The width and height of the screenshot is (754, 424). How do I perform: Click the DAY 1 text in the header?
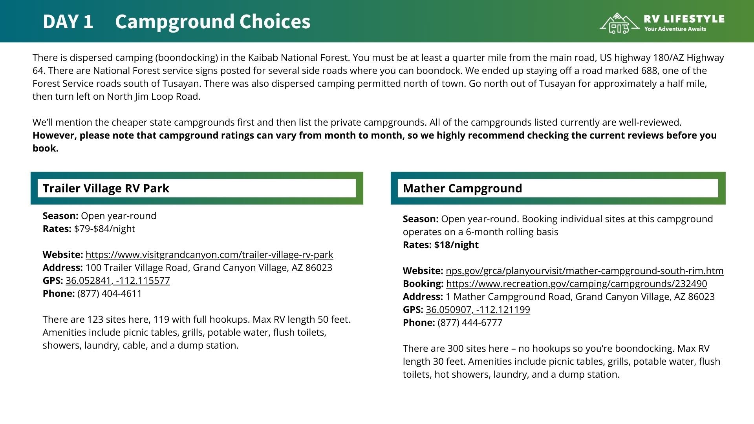pyautogui.click(x=68, y=22)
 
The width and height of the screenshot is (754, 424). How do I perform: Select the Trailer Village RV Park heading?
pyautogui.click(x=106, y=188)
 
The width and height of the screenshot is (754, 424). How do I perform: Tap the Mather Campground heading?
pyautogui.click(x=462, y=188)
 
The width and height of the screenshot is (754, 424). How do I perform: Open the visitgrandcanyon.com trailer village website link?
pyautogui.click(x=209, y=255)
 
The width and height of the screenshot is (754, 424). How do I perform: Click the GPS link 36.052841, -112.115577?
pyautogui.click(x=118, y=281)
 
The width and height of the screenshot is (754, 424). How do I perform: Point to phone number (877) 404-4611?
pyautogui.click(x=110, y=294)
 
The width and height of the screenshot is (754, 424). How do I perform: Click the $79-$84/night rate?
pyautogui.click(x=104, y=229)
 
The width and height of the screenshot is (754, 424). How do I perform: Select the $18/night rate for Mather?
pyautogui.click(x=456, y=245)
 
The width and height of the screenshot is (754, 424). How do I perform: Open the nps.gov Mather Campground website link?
pyautogui.click(x=584, y=271)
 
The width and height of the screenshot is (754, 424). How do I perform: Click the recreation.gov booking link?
pyautogui.click(x=576, y=284)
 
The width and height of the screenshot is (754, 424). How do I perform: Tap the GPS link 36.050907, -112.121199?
pyautogui.click(x=478, y=310)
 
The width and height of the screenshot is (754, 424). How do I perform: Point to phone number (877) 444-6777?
pyautogui.click(x=470, y=323)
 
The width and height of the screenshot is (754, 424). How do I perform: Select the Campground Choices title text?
pyautogui.click(x=212, y=22)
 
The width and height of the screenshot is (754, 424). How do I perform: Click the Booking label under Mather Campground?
pyautogui.click(x=423, y=284)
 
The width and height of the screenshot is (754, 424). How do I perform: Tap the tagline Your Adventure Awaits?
pyautogui.click(x=675, y=29)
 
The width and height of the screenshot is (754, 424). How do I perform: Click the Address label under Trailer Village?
pyautogui.click(x=62, y=268)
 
